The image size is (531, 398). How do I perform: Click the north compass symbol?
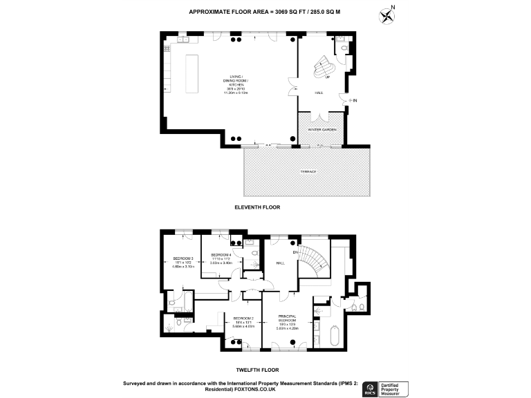(387, 15)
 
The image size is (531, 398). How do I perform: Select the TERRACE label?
(308, 171)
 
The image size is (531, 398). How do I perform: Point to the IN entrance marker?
(355, 101)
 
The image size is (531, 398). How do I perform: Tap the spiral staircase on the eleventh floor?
(324, 66)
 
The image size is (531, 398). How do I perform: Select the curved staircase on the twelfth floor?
(315, 260)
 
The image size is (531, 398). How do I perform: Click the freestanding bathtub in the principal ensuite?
(333, 337)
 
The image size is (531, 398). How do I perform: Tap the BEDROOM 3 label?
(183, 262)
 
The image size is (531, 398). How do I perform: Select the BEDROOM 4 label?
(221, 255)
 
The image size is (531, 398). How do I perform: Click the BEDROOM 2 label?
(243, 320)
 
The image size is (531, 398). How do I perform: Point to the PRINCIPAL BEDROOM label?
(287, 319)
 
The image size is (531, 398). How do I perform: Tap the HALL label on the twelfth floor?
(281, 263)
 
